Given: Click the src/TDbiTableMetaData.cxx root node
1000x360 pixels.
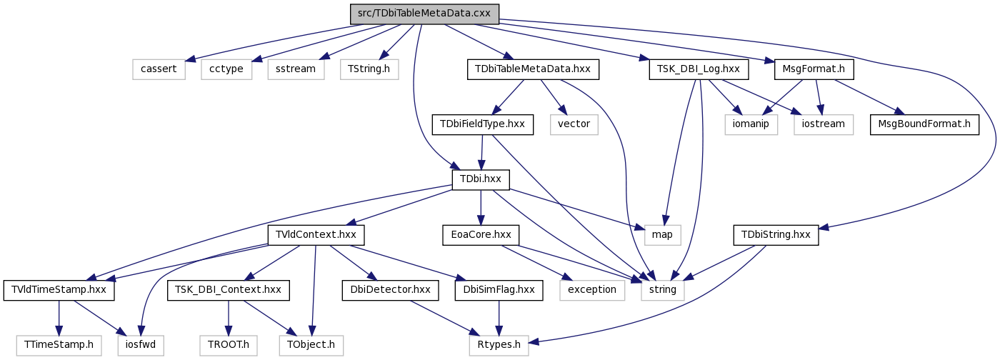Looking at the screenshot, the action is [x=424, y=14].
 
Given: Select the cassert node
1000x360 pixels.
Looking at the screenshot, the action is [x=159, y=69].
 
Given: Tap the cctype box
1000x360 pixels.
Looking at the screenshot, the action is [x=226, y=69].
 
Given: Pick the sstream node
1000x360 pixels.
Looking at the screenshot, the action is [x=296, y=69].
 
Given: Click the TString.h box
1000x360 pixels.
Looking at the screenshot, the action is [x=369, y=69].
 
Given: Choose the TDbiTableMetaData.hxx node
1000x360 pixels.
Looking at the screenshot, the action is [x=533, y=69].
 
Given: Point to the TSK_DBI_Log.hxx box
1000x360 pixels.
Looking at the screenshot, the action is [x=699, y=69].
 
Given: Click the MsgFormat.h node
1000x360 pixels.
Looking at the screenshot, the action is [x=814, y=69].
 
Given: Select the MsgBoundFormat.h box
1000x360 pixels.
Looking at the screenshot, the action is [x=924, y=124].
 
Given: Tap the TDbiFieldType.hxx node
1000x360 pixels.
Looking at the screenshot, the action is [x=483, y=124].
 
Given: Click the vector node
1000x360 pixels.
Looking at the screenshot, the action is [x=574, y=124].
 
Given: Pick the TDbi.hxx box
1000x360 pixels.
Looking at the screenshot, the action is [x=481, y=179].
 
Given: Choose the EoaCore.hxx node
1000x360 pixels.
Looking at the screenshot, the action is [x=481, y=235].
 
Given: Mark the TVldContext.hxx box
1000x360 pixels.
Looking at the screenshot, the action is [x=316, y=235].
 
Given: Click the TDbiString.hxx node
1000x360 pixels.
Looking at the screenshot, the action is [x=776, y=235].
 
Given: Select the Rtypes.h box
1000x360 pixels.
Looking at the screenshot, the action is [x=499, y=345].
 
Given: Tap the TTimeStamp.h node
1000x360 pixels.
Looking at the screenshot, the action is [x=59, y=345].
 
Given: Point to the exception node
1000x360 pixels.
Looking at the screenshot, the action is [x=592, y=290].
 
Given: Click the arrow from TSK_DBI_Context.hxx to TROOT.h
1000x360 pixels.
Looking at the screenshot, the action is [x=229, y=318].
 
